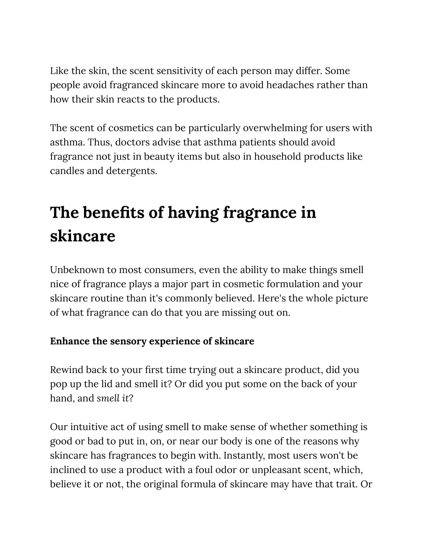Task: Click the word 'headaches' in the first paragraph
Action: [290, 85]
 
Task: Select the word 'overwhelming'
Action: [275, 128]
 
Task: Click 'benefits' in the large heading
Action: [114, 212]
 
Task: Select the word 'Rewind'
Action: [66, 370]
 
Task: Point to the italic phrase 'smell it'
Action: [113, 398]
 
